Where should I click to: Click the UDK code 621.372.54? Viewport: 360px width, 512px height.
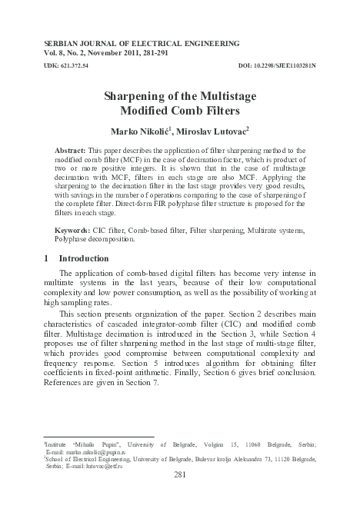pyautogui.click(x=68, y=66)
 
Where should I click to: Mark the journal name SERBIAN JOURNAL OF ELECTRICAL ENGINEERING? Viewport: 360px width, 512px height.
pyautogui.click(x=137, y=44)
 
